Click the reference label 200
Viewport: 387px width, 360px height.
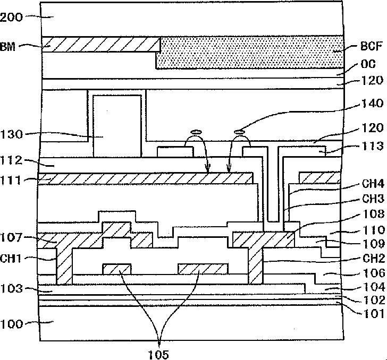tap(11, 18)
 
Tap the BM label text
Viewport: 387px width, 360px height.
tap(8, 47)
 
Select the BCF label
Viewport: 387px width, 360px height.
tap(372, 46)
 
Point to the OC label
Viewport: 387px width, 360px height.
tap(368, 64)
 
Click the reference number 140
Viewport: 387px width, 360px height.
tap(373, 104)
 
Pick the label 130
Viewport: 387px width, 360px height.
tap(11, 135)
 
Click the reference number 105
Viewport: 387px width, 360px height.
tap(158, 355)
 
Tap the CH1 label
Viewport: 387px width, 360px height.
tap(11, 259)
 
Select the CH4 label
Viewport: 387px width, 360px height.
tap(373, 184)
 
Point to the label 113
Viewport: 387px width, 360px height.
tap(373, 146)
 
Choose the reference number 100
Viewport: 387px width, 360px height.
tap(11, 324)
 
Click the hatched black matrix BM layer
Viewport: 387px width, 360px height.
tap(101, 45)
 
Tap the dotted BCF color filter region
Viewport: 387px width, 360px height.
tap(250, 53)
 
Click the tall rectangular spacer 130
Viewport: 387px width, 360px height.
tap(117, 126)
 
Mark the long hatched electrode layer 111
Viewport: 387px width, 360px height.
tap(145, 178)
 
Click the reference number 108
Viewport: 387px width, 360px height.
tap(373, 215)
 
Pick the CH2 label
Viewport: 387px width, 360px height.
tap(374, 259)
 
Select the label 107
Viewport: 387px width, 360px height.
tap(11, 238)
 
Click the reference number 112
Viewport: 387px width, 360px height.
tap(11, 160)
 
